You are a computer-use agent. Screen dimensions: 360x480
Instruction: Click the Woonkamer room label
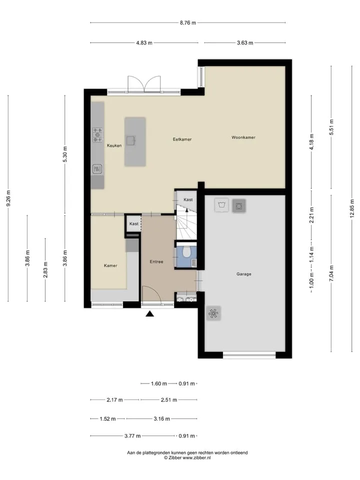tap(243, 137)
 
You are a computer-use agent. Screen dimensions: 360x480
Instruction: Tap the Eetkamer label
tap(182, 139)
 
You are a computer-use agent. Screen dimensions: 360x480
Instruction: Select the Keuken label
tap(114, 145)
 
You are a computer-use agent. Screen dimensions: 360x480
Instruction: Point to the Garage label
tap(243, 274)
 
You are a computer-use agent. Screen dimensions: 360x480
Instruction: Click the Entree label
tap(156, 261)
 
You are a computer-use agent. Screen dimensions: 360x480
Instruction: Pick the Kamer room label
tap(110, 265)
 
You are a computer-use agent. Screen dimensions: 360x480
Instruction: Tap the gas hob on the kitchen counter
tap(97, 134)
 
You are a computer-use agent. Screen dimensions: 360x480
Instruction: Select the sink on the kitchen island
tap(131, 140)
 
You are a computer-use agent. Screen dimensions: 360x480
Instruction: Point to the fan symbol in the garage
tap(213, 313)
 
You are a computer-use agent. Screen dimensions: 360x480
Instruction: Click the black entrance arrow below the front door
tap(149, 313)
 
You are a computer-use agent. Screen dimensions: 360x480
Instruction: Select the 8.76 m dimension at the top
tap(188, 22)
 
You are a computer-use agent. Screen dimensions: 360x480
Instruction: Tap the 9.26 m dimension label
tap(8, 198)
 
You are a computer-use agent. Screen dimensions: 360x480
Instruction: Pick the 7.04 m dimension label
tap(331, 273)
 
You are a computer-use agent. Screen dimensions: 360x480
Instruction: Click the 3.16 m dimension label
tap(161, 419)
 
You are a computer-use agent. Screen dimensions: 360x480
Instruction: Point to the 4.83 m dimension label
tap(144, 43)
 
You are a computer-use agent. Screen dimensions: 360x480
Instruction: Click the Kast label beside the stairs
tap(188, 199)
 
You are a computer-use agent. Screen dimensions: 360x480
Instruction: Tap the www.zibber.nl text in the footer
tap(196, 457)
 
